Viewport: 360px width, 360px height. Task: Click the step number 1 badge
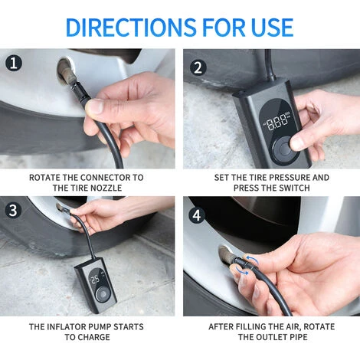pos(14,64)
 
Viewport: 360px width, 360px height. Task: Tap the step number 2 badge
pos(198,67)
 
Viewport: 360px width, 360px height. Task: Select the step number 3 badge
pos(13,210)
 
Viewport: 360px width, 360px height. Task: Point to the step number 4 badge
pos(197,215)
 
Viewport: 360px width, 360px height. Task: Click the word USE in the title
pos(272,27)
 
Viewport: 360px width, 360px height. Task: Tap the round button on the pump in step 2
pos(283,149)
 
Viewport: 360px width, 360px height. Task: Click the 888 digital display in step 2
pos(277,122)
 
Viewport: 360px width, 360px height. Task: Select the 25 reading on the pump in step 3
pos(95,280)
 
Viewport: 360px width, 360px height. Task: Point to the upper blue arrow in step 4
pos(252,260)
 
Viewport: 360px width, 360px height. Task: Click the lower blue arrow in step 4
pos(242,271)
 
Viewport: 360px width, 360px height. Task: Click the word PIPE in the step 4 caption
pos(298,337)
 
